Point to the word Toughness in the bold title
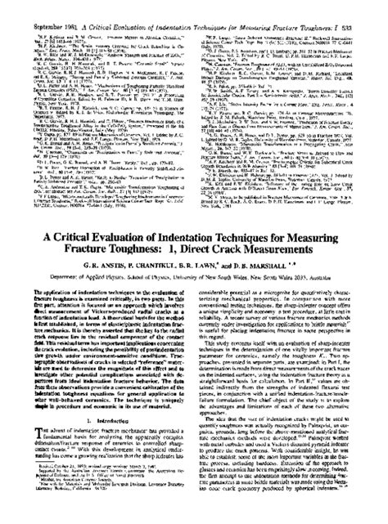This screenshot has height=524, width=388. (x=141, y=249)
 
